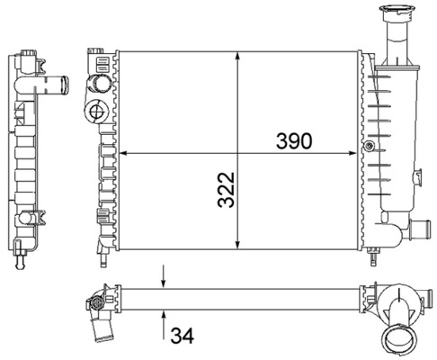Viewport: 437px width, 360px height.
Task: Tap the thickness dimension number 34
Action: [x=183, y=337]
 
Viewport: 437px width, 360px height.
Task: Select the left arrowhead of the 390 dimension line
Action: [x=123, y=152]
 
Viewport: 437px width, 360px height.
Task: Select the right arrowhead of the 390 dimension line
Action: [x=356, y=152]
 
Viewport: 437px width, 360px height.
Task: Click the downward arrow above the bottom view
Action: [x=164, y=280]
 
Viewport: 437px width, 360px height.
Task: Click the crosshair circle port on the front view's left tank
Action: [x=96, y=112]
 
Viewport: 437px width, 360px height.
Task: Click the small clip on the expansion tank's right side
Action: [x=418, y=173]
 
